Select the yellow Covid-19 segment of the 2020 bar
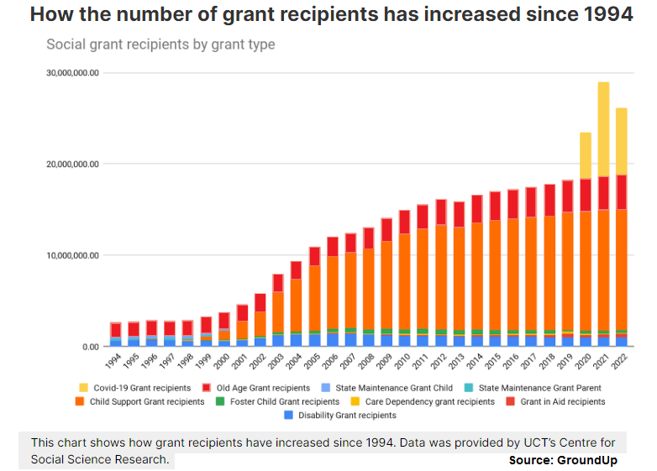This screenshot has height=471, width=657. click(x=585, y=155)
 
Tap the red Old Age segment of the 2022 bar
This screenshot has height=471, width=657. click(x=621, y=191)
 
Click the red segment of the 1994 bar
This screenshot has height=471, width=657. click(x=115, y=329)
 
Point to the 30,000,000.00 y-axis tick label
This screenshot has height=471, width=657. click(x=71, y=73)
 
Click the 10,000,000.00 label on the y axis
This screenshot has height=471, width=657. click(x=71, y=255)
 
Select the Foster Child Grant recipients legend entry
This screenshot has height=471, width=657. click(x=278, y=401)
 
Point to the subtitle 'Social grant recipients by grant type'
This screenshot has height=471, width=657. click(x=160, y=44)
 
